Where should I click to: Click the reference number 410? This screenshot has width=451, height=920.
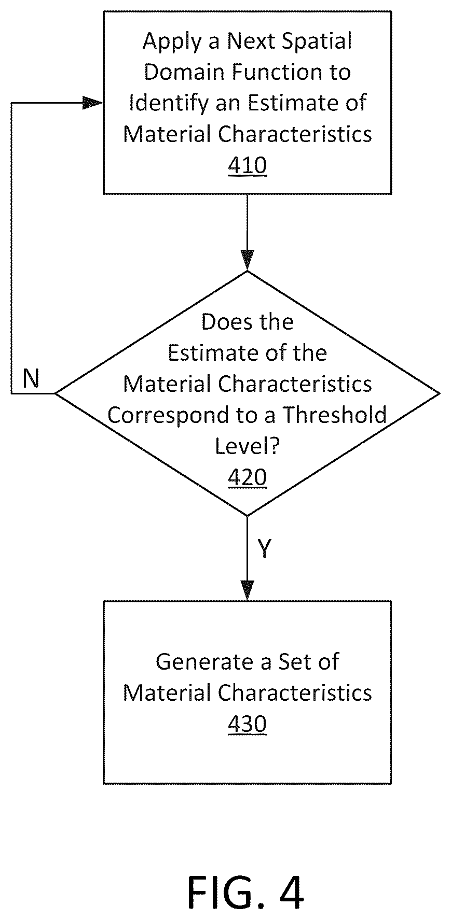(248, 165)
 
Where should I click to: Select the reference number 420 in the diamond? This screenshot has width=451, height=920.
(248, 477)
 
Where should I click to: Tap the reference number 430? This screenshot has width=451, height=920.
(248, 724)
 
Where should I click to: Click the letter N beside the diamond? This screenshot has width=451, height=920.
(31, 379)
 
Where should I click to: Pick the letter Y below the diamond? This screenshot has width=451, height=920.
(265, 548)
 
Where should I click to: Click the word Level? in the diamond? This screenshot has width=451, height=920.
(248, 446)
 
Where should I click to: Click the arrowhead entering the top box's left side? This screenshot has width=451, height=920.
(93, 103)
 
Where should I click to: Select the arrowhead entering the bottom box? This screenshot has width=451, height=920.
(248, 590)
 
